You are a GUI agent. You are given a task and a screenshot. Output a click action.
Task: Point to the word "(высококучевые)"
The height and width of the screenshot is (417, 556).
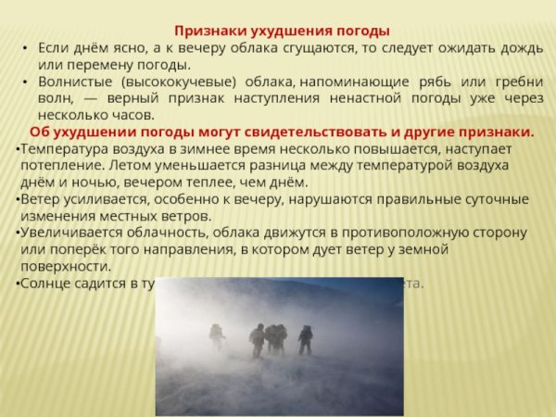click(174, 82)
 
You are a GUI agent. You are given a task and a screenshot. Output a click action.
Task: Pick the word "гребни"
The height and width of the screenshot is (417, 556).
click(511, 82)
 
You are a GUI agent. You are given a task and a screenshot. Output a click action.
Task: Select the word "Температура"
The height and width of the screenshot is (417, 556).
click(62, 148)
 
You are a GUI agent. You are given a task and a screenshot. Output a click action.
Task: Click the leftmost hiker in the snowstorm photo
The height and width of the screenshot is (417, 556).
click(217, 336)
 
